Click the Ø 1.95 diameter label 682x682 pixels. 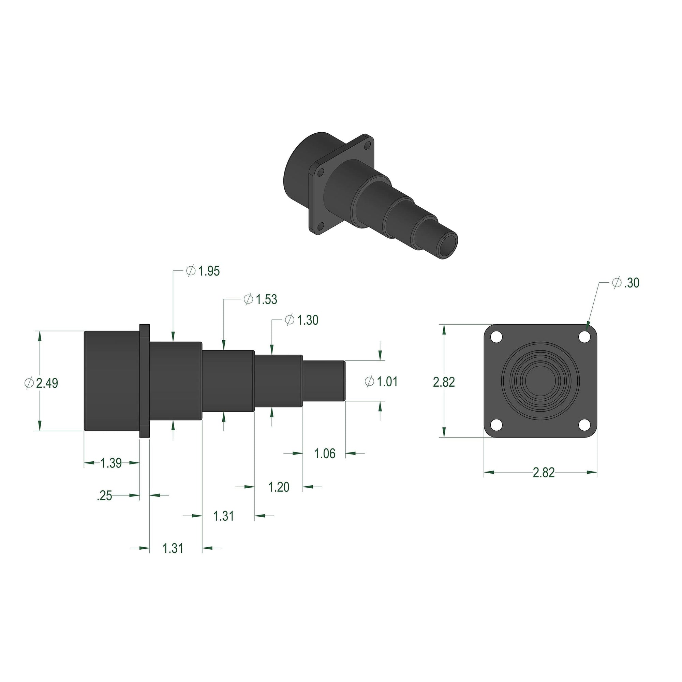(203, 271)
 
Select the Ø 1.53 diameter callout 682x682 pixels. (261, 299)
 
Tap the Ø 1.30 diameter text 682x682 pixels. (302, 320)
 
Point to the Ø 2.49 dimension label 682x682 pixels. (42, 383)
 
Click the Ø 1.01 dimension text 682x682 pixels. (381, 382)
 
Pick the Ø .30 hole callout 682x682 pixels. (625, 283)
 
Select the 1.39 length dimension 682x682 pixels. (111, 463)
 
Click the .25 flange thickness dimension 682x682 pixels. (104, 495)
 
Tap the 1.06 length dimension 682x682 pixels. (324, 454)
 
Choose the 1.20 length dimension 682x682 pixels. (279, 487)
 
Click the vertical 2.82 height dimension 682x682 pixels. (444, 382)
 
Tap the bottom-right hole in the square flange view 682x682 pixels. (584, 425)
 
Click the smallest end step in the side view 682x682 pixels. (324, 381)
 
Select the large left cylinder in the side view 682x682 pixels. (112, 381)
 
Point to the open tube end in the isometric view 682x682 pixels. (447, 246)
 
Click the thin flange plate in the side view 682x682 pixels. (144, 381)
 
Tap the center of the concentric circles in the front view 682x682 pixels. (540, 381)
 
